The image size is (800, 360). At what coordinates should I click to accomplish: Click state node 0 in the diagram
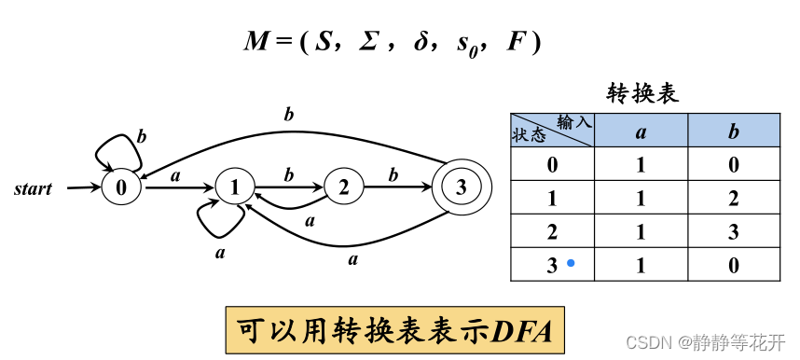[x=121, y=187]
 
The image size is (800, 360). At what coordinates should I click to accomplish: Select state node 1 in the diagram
[x=233, y=187]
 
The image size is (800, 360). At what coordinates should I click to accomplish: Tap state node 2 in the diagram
[x=343, y=187]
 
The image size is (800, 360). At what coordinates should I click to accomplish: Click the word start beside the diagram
[x=33, y=189]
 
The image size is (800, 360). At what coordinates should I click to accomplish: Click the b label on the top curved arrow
[x=288, y=116]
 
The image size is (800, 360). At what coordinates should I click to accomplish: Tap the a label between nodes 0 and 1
[x=174, y=174]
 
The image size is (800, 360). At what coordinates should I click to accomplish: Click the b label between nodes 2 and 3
[x=393, y=174]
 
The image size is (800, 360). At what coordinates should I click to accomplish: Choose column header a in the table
[x=641, y=132]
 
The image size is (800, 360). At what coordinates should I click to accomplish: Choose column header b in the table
[x=734, y=132]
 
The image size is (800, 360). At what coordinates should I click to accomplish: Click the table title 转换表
[x=642, y=93]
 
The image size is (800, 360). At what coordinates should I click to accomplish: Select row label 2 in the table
[x=552, y=232]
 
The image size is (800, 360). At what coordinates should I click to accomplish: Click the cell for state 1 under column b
[x=734, y=199]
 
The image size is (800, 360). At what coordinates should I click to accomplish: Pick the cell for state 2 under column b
[x=734, y=232]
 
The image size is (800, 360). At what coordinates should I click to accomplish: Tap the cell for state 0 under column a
[x=641, y=165]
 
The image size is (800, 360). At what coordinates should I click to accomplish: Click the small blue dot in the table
[x=571, y=264]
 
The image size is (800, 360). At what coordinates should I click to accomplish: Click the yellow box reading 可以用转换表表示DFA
[x=396, y=329]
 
